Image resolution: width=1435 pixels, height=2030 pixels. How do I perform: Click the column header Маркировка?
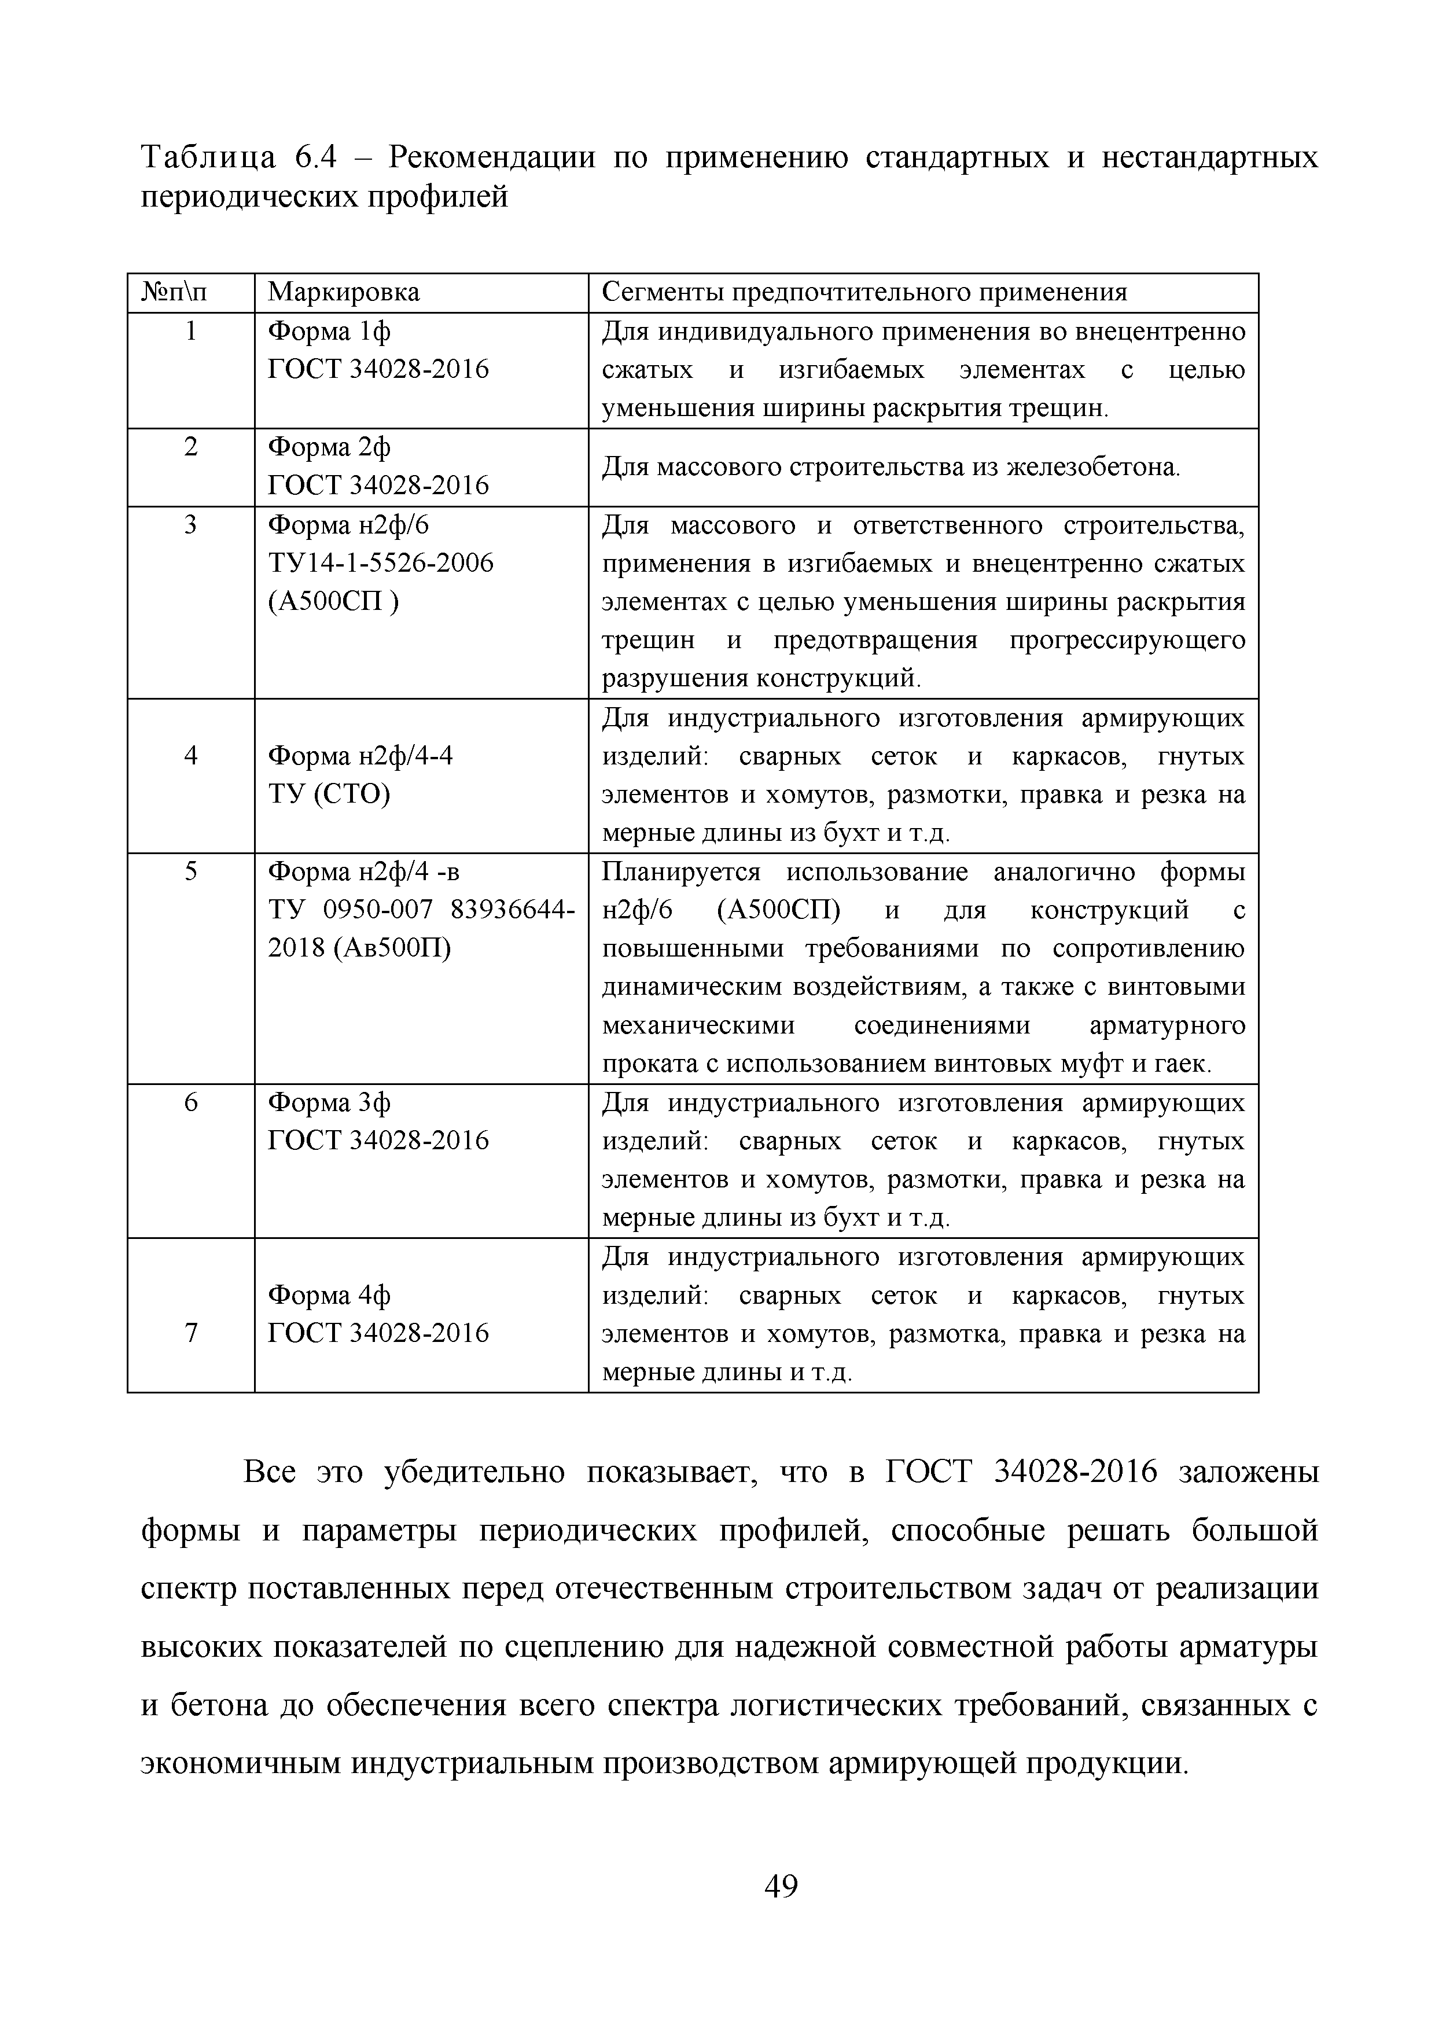[x=343, y=293]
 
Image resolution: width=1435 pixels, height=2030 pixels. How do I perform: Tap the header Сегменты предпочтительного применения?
[x=864, y=293]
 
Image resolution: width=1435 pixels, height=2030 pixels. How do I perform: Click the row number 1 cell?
[x=190, y=332]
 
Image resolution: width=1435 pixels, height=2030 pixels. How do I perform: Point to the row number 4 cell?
[x=190, y=756]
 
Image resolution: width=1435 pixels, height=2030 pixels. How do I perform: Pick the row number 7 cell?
[x=190, y=1333]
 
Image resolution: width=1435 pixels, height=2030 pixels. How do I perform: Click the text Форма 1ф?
[x=329, y=332]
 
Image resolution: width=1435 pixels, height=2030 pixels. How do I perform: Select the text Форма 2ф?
[x=329, y=448]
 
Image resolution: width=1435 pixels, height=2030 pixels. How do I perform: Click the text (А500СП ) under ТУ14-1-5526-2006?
[x=333, y=602]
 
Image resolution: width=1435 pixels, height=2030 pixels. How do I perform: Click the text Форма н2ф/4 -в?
[x=363, y=873]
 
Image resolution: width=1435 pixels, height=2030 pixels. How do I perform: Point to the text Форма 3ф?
[x=329, y=1104]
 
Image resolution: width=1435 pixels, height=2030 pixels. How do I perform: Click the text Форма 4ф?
[x=329, y=1295]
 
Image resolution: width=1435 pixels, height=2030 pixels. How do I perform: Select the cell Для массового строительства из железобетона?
[x=891, y=467]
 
